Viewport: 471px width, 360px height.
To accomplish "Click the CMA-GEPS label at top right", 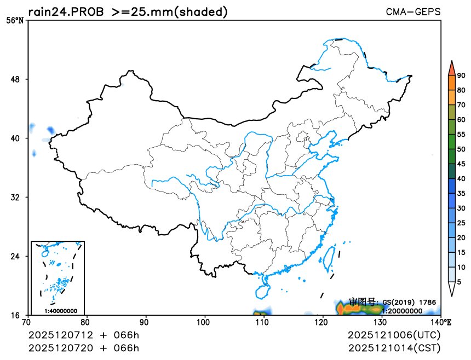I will click(x=413, y=11).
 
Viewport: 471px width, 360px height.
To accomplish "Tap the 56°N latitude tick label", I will click(x=15, y=21).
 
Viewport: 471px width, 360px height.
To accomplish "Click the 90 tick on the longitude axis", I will click(x=146, y=323).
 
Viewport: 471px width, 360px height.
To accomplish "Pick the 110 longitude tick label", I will click(x=264, y=323).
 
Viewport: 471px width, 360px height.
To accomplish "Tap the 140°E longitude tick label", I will click(x=440, y=323).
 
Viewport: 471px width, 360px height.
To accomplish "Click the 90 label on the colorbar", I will click(x=461, y=76).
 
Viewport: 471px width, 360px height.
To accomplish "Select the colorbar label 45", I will click(x=461, y=164).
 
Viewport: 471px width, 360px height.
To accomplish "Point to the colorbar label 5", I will click(x=459, y=282).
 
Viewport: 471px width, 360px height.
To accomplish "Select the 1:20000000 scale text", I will click(x=402, y=311).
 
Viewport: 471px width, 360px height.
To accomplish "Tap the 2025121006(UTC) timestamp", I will click(x=394, y=335).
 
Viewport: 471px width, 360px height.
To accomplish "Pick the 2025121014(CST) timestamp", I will click(x=394, y=348).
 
